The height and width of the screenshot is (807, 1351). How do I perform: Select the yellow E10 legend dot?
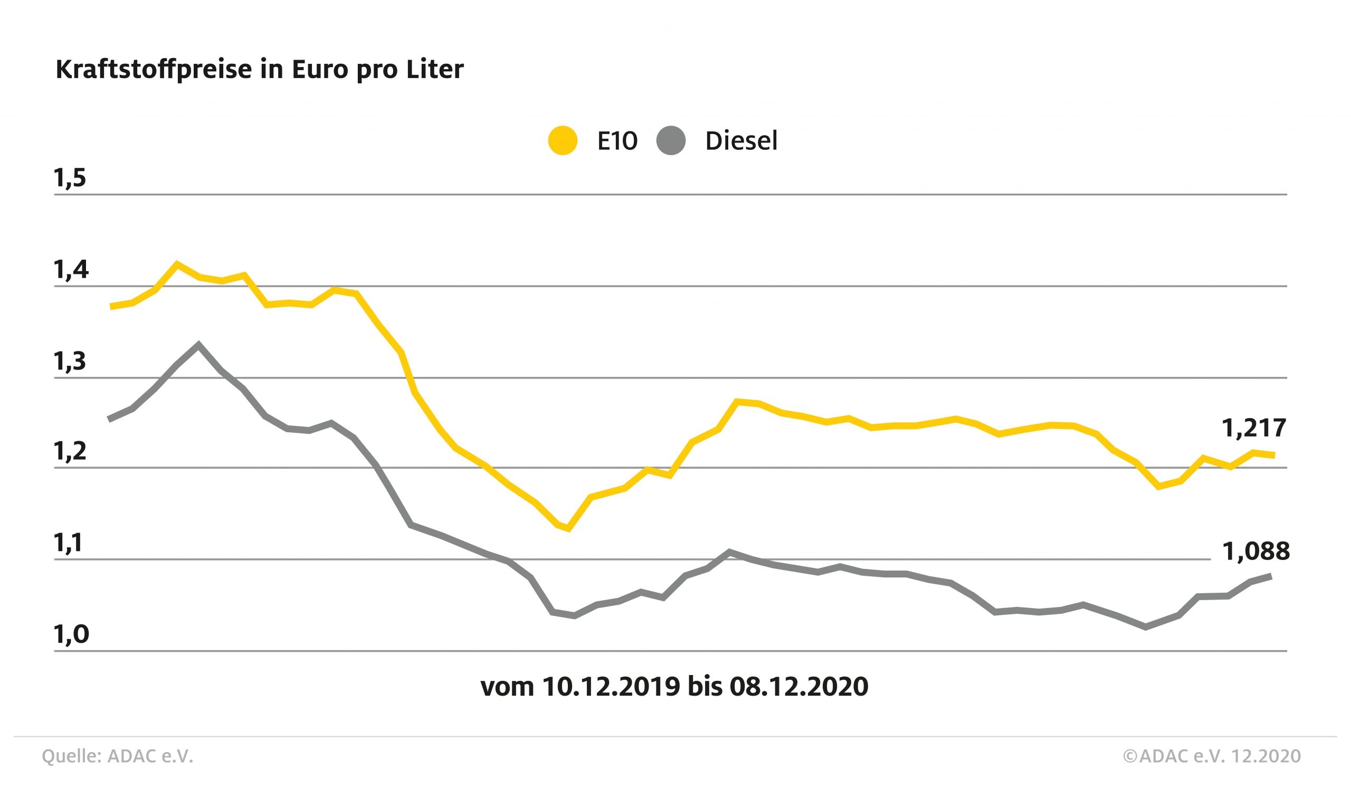[562, 141]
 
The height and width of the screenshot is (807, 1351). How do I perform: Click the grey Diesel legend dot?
[670, 141]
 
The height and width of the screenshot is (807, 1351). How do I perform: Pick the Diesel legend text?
[741, 141]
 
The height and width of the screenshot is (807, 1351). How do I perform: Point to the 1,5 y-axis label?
[70, 178]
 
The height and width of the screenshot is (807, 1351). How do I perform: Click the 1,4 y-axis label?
[71, 270]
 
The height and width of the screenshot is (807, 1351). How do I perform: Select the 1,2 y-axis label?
[70, 451]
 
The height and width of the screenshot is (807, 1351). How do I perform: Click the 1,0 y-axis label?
[71, 634]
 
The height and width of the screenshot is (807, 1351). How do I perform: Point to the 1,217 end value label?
[1254, 429]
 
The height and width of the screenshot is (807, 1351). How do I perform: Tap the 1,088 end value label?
[1256, 552]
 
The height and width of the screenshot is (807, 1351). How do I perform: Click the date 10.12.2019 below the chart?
[611, 687]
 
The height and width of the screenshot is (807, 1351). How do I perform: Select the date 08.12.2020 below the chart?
[798, 687]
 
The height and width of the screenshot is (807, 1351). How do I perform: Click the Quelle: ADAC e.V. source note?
[118, 756]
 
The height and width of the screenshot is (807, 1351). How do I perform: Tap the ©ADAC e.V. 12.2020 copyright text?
[1212, 756]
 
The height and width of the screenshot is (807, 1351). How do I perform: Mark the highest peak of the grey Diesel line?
[198, 344]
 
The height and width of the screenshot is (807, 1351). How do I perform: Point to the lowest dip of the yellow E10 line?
[568, 528]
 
